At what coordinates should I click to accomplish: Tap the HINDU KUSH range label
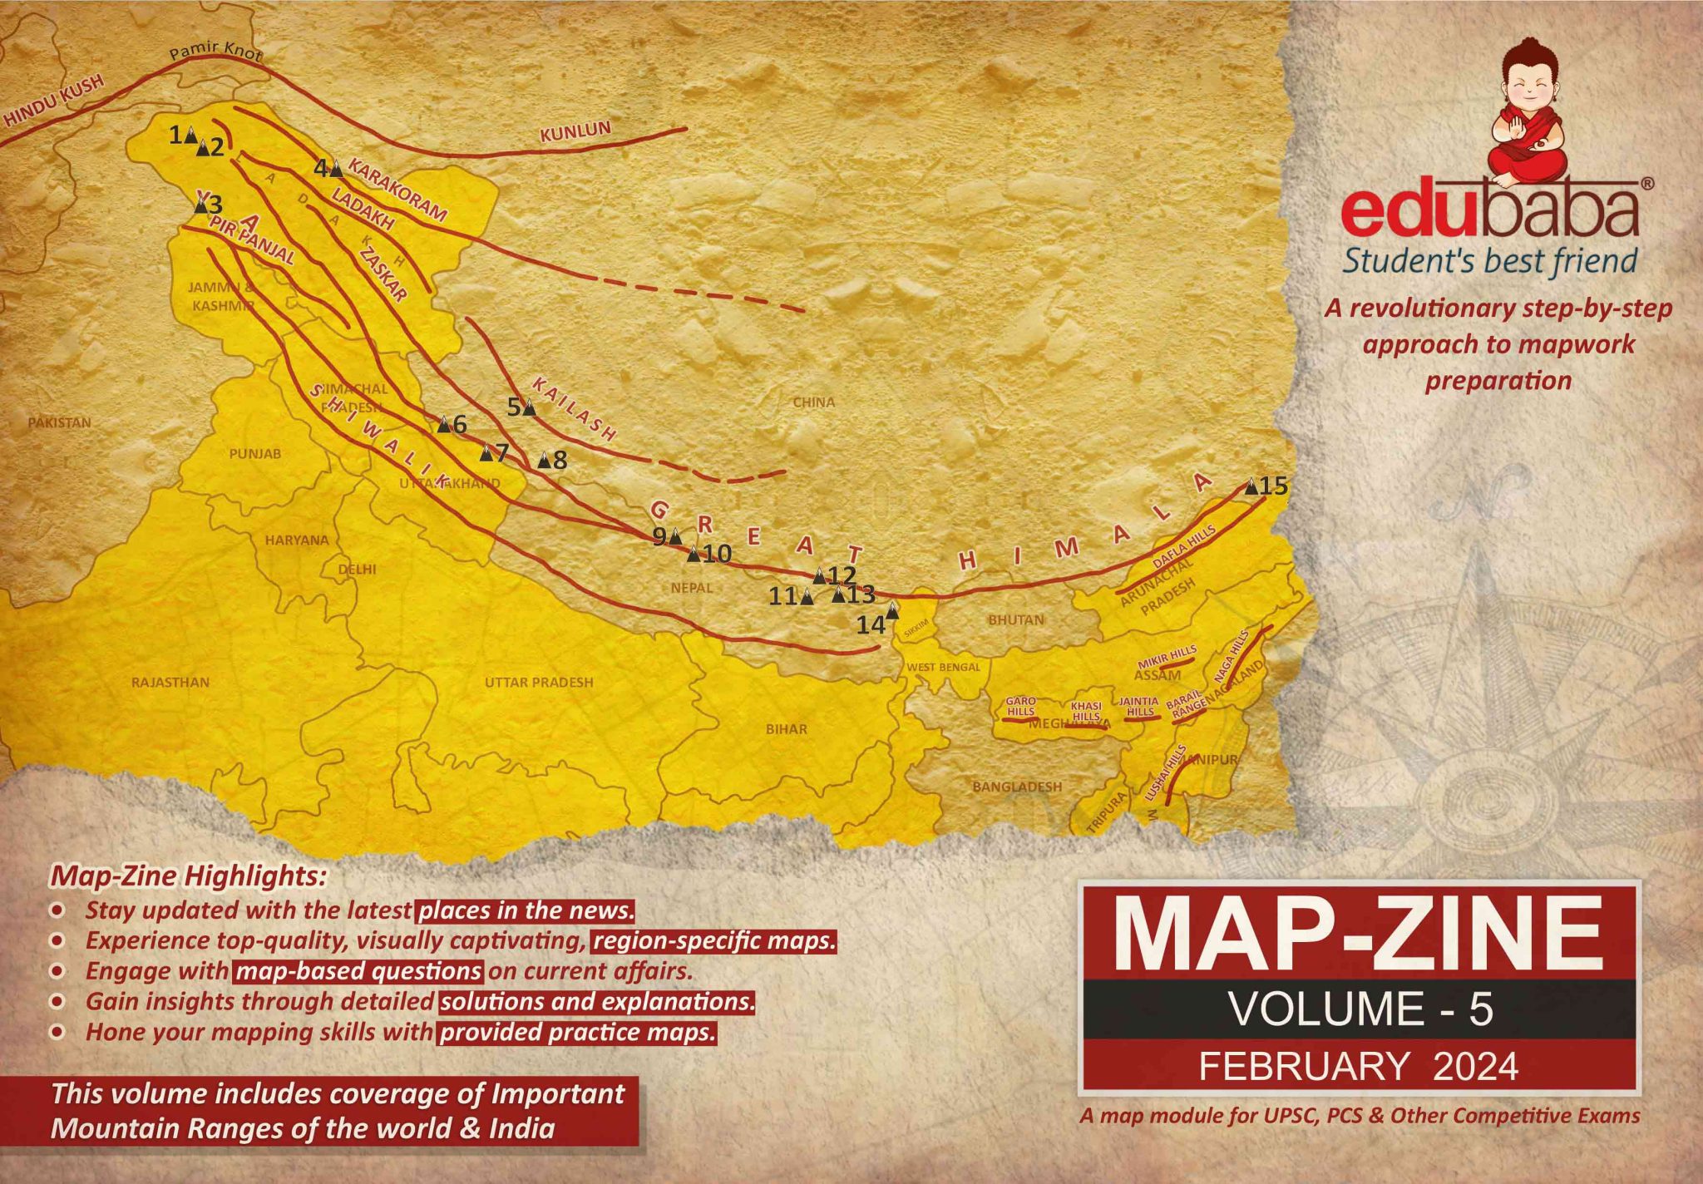pyautogui.click(x=55, y=101)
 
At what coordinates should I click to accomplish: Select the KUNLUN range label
pyautogui.click(x=575, y=132)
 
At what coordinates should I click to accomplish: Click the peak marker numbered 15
pyautogui.click(x=1251, y=487)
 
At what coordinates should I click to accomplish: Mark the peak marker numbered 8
pyautogui.click(x=544, y=459)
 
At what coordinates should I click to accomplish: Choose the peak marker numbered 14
pyautogui.click(x=892, y=611)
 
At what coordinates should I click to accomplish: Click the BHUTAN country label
pyautogui.click(x=1015, y=619)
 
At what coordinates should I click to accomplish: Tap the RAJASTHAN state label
pyautogui.click(x=170, y=682)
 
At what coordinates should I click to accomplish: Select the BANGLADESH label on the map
pyautogui.click(x=1017, y=786)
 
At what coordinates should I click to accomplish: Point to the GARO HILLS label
pyautogui.click(x=1021, y=706)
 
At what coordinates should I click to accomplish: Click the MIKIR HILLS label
pyautogui.click(x=1167, y=655)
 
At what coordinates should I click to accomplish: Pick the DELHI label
pyautogui.click(x=358, y=570)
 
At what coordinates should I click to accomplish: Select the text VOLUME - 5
pyautogui.click(x=1360, y=1009)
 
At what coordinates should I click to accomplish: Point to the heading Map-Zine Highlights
pyautogui.click(x=190, y=876)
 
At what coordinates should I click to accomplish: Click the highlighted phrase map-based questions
pyautogui.click(x=359, y=971)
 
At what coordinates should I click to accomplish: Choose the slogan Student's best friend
pyautogui.click(x=1490, y=260)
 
